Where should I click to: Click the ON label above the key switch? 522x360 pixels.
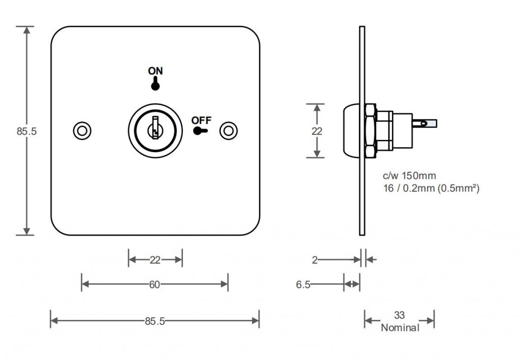(155, 71)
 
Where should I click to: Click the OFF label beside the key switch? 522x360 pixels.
(201, 120)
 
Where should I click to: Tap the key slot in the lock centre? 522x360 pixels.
(155, 127)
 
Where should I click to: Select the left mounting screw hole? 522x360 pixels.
(82, 131)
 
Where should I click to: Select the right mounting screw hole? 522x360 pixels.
(228, 131)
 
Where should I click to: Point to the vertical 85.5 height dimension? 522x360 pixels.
(27, 131)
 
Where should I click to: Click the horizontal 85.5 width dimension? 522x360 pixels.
(155, 321)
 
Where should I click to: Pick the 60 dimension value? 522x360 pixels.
(154, 285)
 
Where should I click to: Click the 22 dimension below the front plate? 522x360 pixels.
(155, 260)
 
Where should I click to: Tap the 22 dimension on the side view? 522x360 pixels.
(317, 131)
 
